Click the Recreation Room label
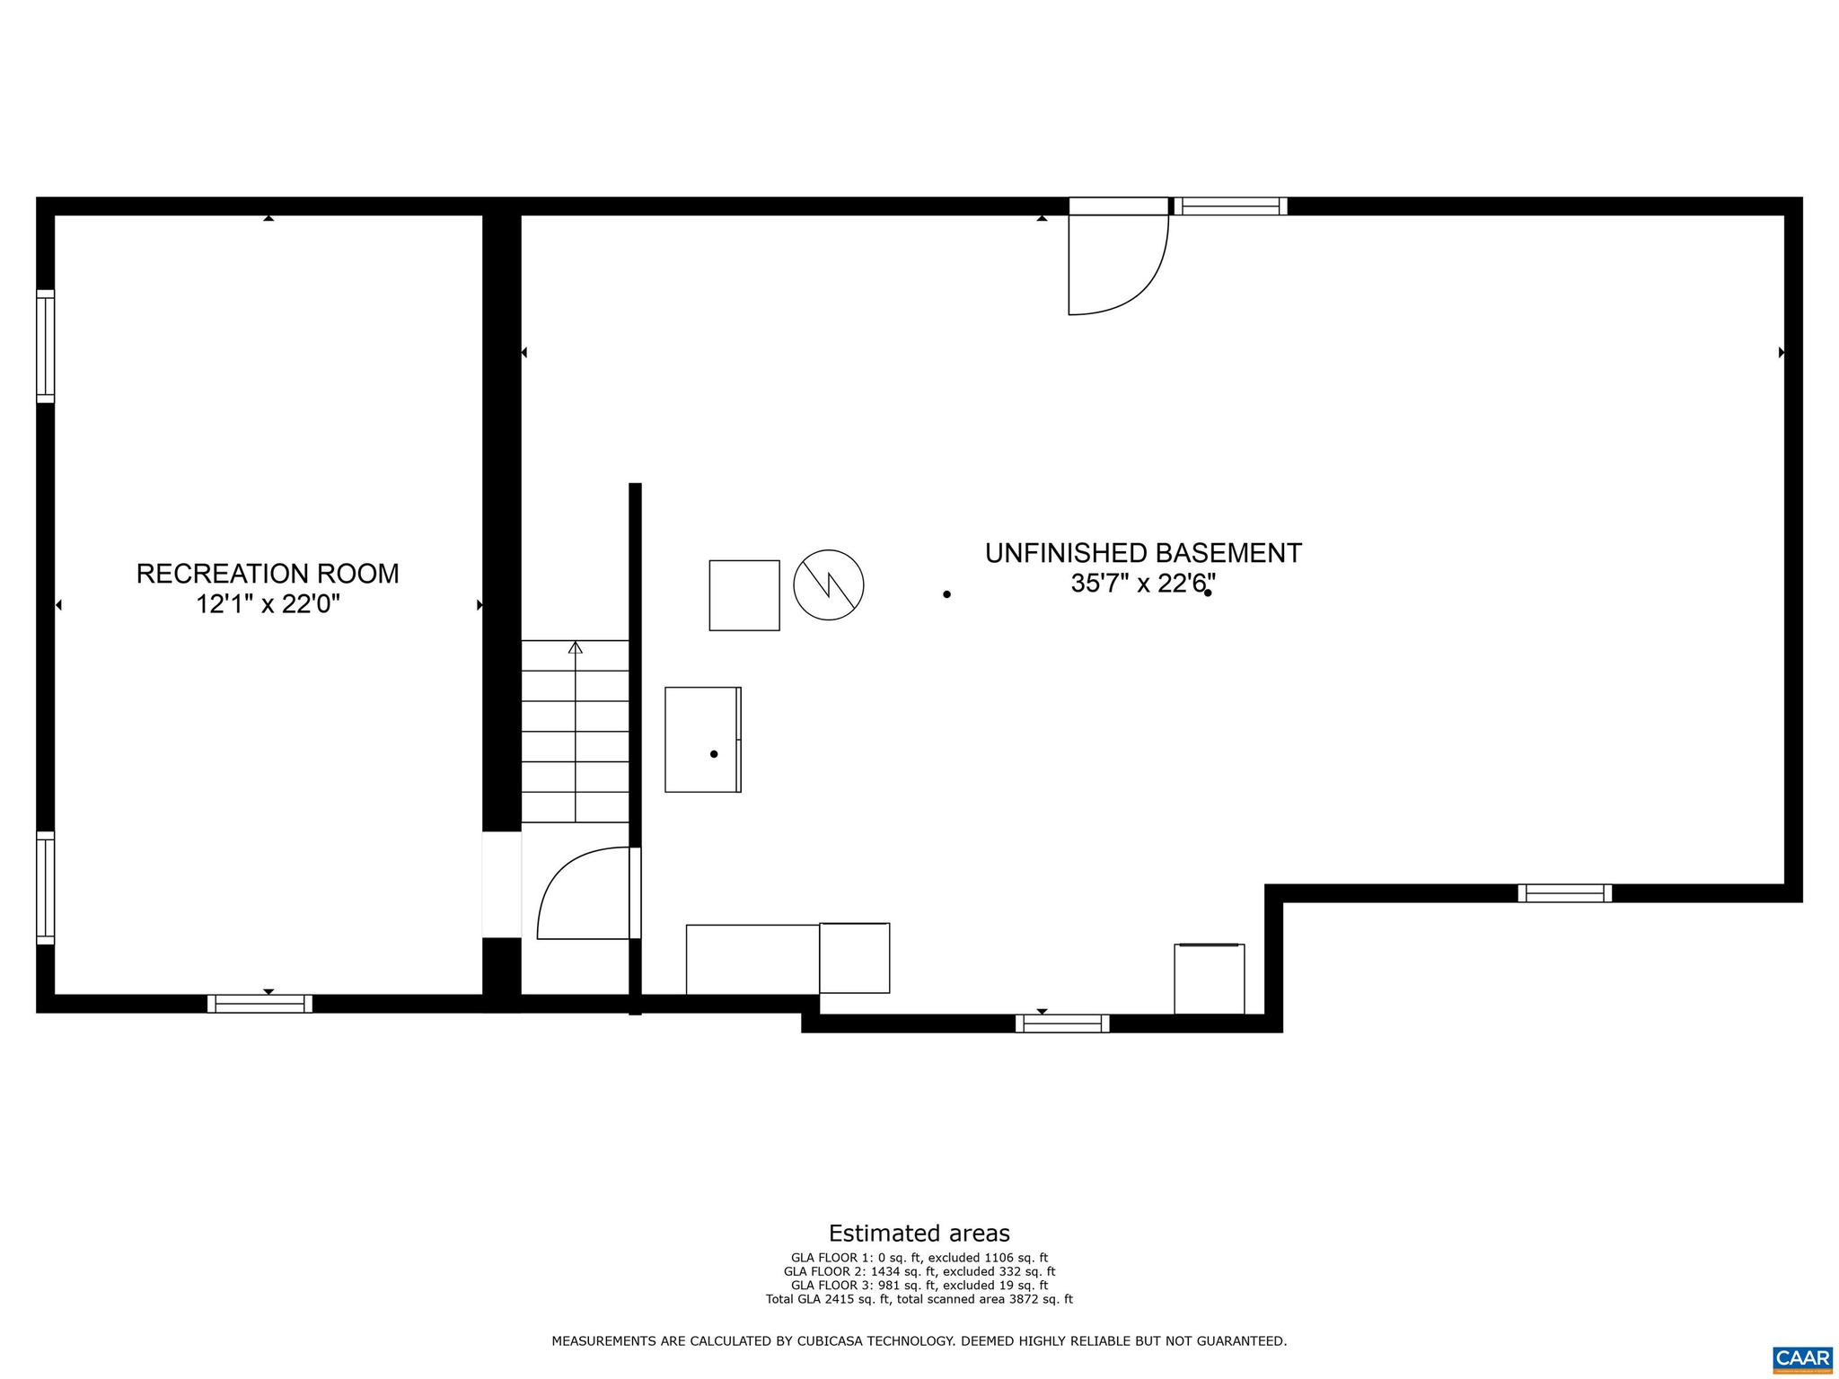pos(268,574)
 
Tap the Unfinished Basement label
pos(1143,553)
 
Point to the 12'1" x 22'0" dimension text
pos(268,604)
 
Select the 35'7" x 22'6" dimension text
pos(1143,584)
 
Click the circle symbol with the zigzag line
pos(828,584)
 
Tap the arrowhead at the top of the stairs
pos(576,647)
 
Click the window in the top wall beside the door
pos(1230,206)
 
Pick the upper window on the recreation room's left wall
pos(45,347)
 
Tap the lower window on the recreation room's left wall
pos(45,888)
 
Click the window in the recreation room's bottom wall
pos(260,1004)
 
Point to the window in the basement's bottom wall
pos(1062,1023)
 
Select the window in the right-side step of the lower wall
pos(1564,893)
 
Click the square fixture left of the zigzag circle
pos(744,595)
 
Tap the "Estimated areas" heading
pos(919,1233)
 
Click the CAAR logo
pos(1802,1357)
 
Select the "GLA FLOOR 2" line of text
pos(919,1271)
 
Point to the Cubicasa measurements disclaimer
pos(919,1341)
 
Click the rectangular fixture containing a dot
pos(702,740)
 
